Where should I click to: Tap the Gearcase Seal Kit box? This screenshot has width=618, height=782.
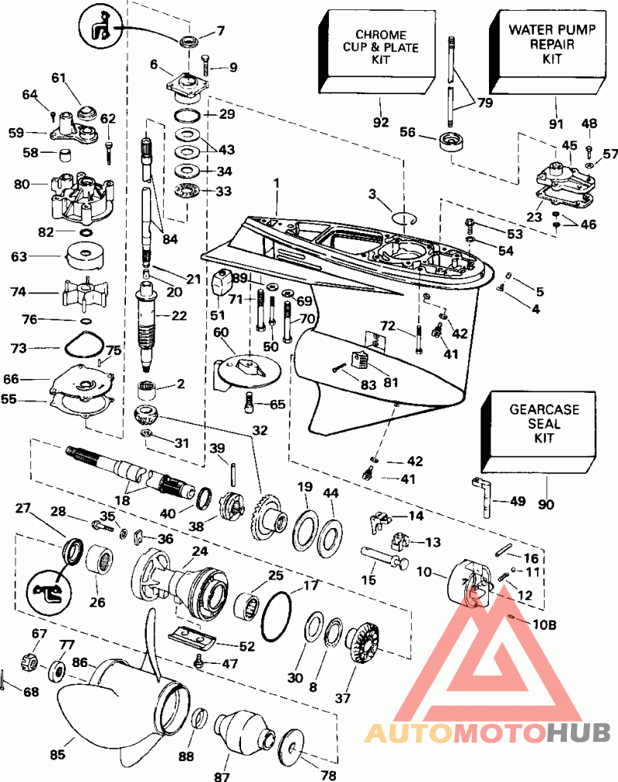[539, 431]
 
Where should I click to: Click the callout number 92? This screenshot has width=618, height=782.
[381, 123]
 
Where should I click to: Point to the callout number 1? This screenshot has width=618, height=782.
[276, 184]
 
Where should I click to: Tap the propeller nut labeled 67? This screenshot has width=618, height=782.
[30, 662]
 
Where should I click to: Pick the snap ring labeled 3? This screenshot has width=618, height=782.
[404, 218]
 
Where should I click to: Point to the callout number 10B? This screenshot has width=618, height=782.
[545, 625]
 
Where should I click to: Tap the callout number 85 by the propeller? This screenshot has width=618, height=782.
[57, 754]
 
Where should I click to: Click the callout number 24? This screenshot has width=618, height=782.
[200, 552]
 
